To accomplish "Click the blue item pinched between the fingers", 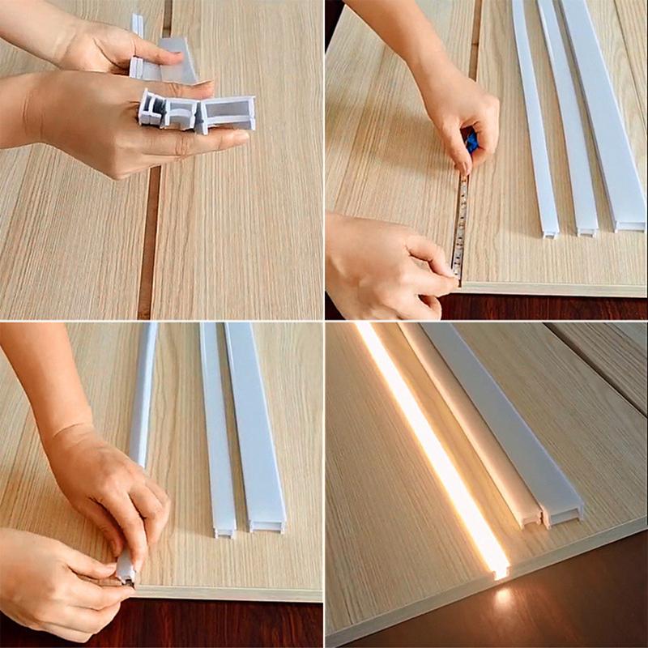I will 471,143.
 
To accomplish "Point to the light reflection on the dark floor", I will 505,599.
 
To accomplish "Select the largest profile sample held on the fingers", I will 228,113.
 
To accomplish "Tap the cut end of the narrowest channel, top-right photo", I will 550,232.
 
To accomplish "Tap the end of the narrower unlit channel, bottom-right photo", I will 530,518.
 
